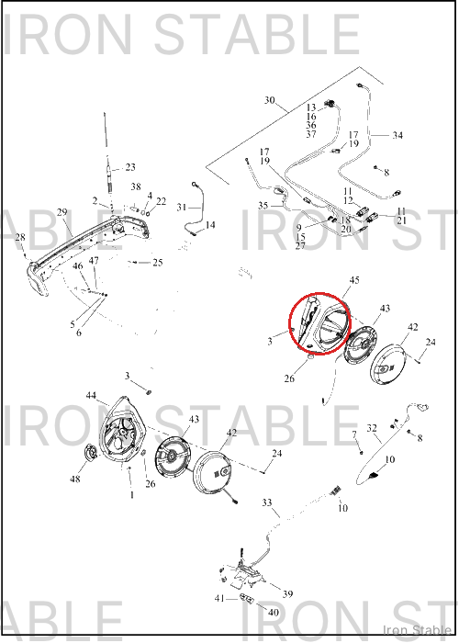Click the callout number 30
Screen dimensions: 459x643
(269, 100)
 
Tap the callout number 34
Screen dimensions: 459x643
(397, 135)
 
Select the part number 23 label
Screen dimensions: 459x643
(130, 167)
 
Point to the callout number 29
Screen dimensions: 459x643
(62, 212)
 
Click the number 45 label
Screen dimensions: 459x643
(354, 279)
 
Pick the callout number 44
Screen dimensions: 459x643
(91, 395)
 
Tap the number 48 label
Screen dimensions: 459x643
(75, 479)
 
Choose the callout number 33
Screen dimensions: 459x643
(267, 502)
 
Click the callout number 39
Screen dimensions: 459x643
(287, 593)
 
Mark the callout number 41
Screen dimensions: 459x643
(219, 598)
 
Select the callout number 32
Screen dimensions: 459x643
(372, 428)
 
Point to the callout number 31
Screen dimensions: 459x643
(182, 207)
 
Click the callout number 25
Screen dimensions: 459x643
(158, 263)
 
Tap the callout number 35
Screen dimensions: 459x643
(263, 205)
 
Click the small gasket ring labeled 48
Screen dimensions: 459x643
(91, 453)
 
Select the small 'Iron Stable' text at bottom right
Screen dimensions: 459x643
(417, 630)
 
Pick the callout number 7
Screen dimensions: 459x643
(354, 434)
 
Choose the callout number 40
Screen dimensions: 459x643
(273, 613)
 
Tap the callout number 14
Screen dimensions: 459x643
(210, 225)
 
